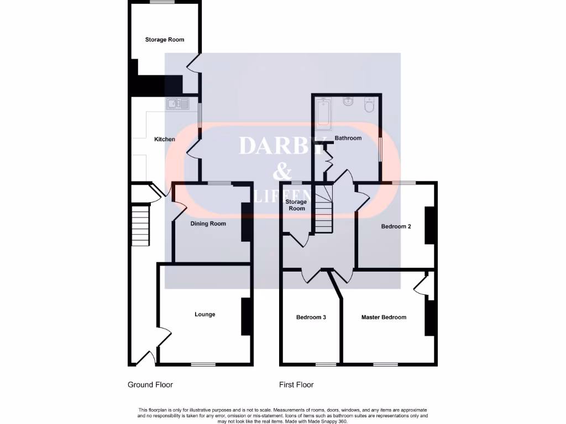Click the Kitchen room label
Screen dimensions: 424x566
pyautogui.click(x=164, y=139)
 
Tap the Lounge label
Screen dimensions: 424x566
pyautogui.click(x=205, y=314)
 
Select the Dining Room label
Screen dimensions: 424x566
pyautogui.click(x=208, y=224)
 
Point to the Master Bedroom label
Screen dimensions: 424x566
pyautogui.click(x=384, y=317)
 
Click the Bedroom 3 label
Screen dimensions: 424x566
pyautogui.click(x=311, y=317)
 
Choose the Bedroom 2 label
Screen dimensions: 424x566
pyautogui.click(x=396, y=226)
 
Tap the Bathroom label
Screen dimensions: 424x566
pyautogui.click(x=348, y=138)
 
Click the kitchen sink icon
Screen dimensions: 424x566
pyautogui.click(x=177, y=103)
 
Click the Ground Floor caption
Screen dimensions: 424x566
pyautogui.click(x=150, y=385)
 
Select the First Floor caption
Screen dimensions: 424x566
pyautogui.click(x=297, y=385)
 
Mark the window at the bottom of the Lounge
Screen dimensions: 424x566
pyautogui.click(x=203, y=364)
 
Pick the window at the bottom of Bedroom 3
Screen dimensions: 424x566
pyautogui.click(x=326, y=364)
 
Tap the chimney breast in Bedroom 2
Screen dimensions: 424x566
pyautogui.click(x=429, y=225)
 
